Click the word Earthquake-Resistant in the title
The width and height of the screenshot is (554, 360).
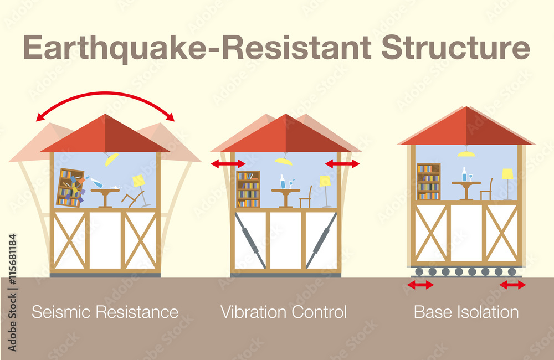[x=197, y=48]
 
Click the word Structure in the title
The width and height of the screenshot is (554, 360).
[x=456, y=47]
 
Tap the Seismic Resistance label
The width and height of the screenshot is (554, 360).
[x=105, y=312]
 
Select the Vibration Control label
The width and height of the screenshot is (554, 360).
[x=283, y=312]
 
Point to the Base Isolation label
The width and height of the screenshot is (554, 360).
[x=466, y=312]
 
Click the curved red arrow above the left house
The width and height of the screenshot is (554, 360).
[x=105, y=93]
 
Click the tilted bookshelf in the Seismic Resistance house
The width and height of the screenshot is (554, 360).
[x=70, y=188]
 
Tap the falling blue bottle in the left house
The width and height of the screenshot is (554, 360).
[x=94, y=182]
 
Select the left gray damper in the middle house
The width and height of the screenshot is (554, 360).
[x=250, y=240]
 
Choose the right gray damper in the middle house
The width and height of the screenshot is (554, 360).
[x=321, y=240]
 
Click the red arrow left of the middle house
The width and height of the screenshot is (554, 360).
[x=228, y=163]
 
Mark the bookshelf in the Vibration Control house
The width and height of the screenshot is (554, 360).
[x=248, y=189]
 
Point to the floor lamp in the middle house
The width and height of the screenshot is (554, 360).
[x=325, y=191]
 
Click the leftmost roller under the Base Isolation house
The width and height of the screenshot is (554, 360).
[x=419, y=272]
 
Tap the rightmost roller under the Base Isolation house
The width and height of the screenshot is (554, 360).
[x=512, y=272]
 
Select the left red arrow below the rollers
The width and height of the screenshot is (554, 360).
[x=420, y=285]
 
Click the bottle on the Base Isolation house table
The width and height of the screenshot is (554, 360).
[x=464, y=174]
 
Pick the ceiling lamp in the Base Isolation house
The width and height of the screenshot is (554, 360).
[x=466, y=152]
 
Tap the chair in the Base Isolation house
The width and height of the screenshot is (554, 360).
[x=486, y=190]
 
